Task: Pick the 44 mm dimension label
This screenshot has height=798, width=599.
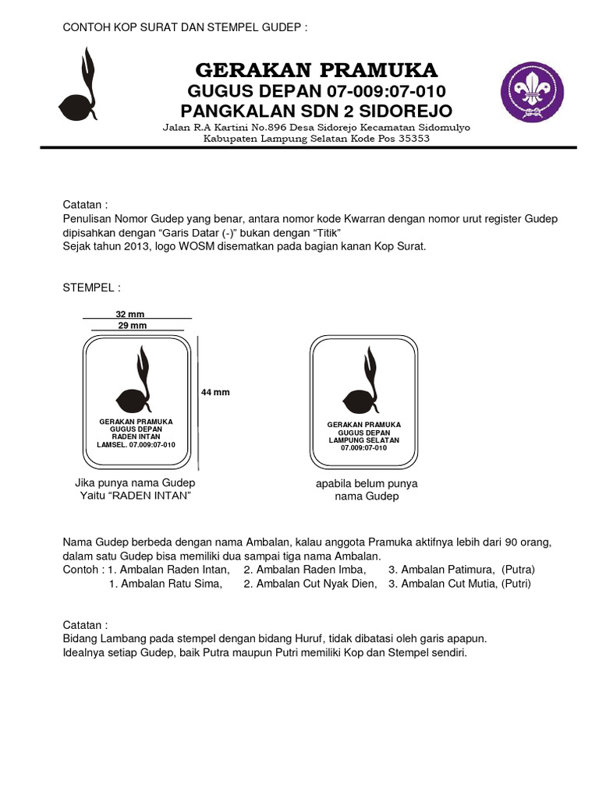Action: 215,392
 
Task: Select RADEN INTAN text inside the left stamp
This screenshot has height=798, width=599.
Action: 136,437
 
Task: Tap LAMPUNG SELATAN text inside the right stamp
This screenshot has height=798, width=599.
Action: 363,440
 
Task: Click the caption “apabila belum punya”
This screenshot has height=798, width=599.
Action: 367,483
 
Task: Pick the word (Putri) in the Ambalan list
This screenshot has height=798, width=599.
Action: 515,583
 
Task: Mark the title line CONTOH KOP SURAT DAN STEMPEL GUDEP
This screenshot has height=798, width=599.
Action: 185,28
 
